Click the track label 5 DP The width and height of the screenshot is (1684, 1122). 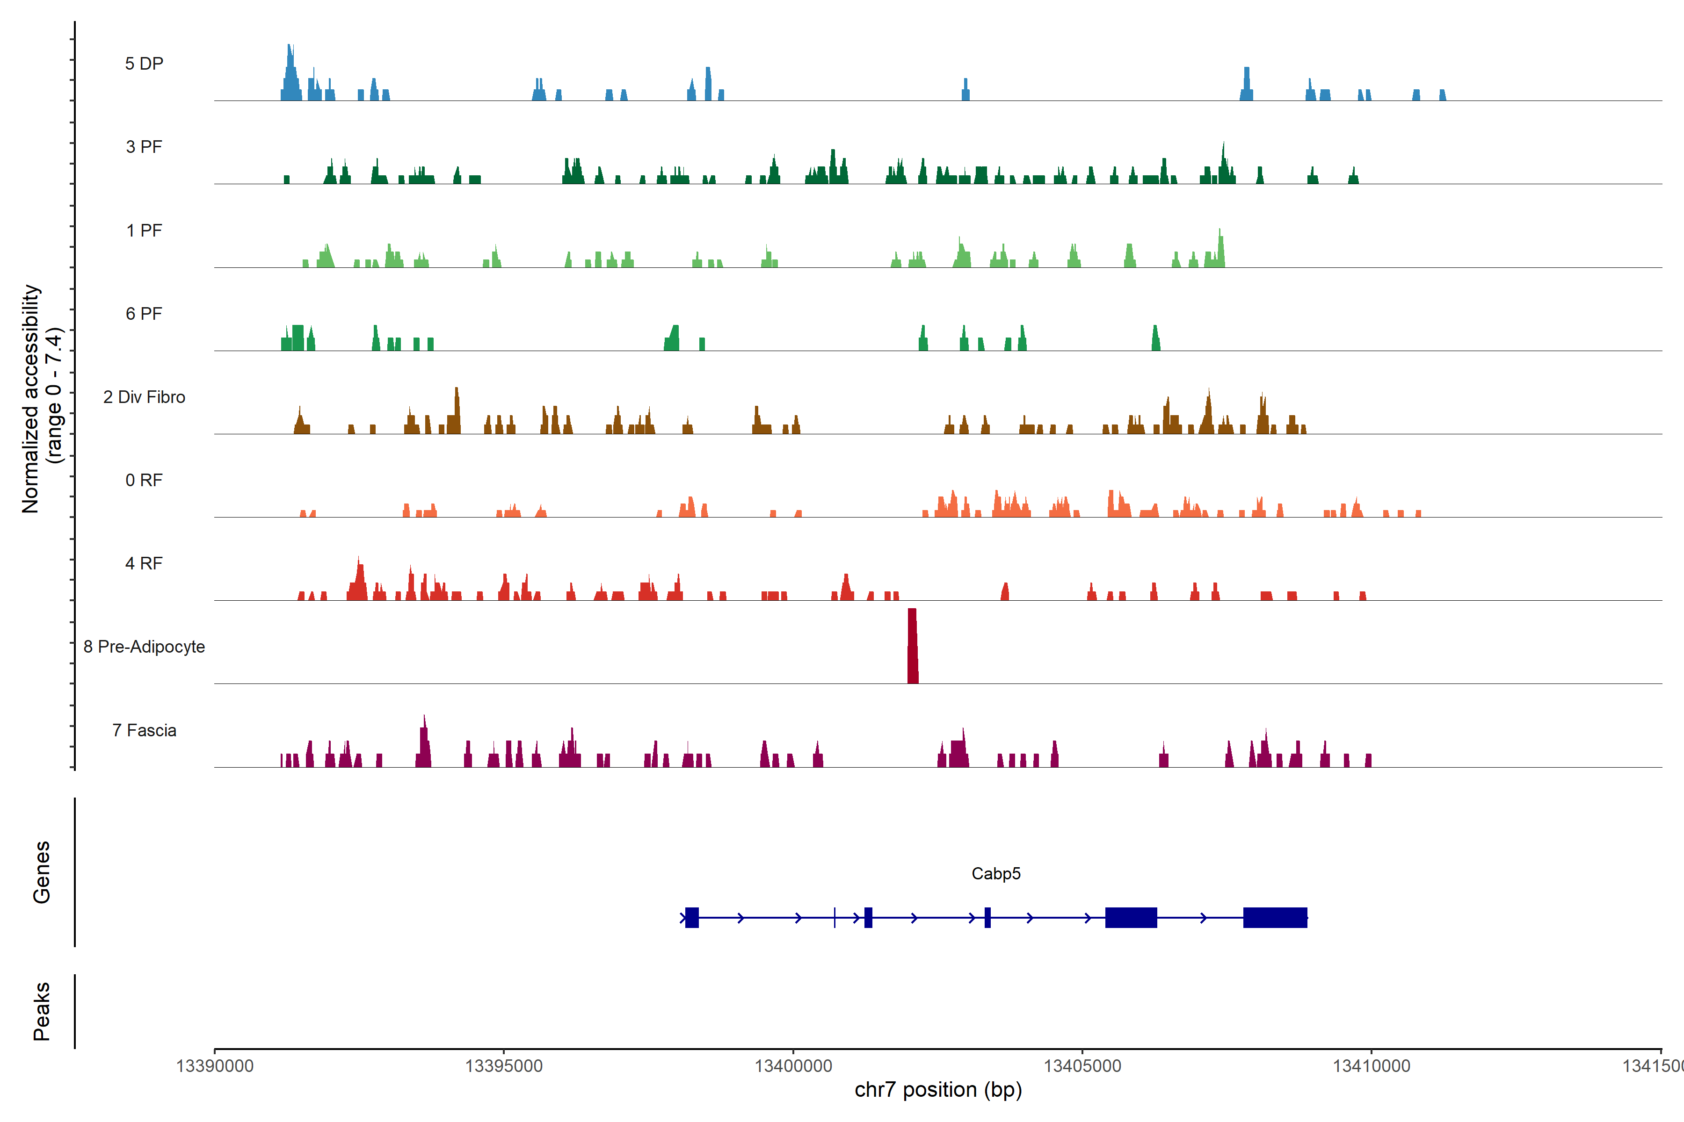[x=144, y=64]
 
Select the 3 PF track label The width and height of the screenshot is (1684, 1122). [x=144, y=147]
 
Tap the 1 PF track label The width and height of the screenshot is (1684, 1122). [x=144, y=230]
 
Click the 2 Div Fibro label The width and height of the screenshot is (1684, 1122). [x=144, y=397]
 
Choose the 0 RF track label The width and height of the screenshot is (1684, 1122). [x=144, y=480]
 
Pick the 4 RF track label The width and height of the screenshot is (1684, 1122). [x=144, y=563]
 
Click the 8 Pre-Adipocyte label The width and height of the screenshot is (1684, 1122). [x=144, y=647]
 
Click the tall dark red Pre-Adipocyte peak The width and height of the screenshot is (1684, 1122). [x=912, y=647]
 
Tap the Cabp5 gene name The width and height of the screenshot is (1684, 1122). [x=995, y=874]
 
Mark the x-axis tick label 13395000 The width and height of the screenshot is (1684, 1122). [x=503, y=1066]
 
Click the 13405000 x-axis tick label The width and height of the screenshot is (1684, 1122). [x=1082, y=1066]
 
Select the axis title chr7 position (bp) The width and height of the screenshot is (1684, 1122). [x=938, y=1090]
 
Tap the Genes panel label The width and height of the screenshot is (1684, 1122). [x=42, y=872]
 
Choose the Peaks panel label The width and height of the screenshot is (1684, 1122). [x=42, y=1011]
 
